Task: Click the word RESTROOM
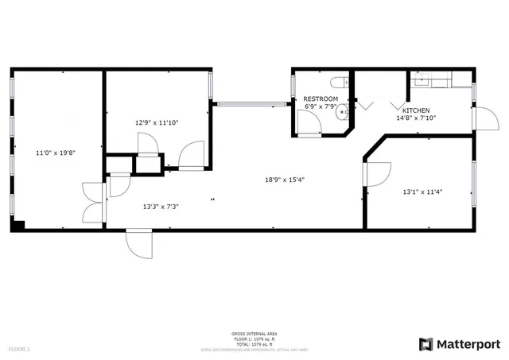pyautogui.click(x=321, y=99)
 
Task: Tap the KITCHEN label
pyautogui.click(x=416, y=110)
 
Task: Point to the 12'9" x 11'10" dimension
pyautogui.click(x=157, y=122)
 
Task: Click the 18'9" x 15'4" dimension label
pyautogui.click(x=285, y=179)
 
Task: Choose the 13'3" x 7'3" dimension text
pyautogui.click(x=160, y=206)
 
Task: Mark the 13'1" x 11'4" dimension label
pyautogui.click(x=422, y=191)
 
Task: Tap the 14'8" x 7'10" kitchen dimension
pyautogui.click(x=416, y=118)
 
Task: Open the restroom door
pyautogui.click(x=305, y=123)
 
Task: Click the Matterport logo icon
pyautogui.click(x=425, y=344)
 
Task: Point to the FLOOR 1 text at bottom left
pyautogui.click(x=19, y=349)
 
